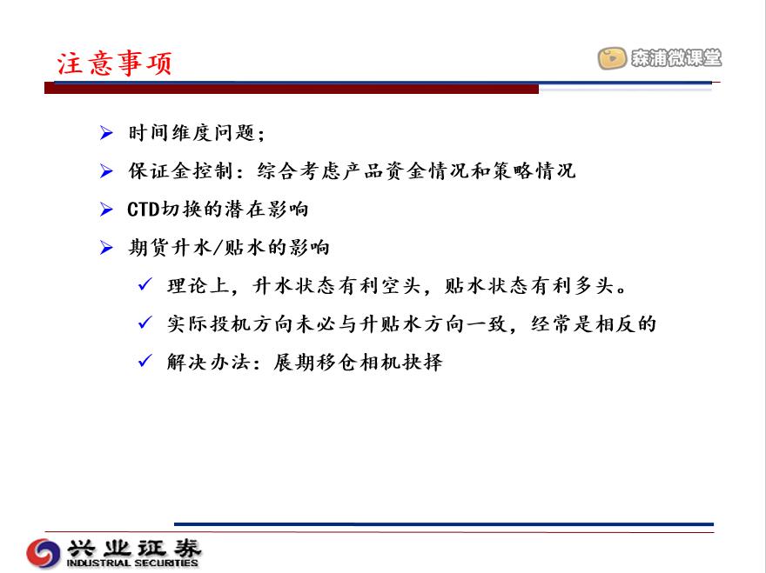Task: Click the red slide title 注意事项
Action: (x=114, y=63)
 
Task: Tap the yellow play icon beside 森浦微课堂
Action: (x=612, y=58)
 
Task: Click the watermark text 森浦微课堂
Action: (x=676, y=58)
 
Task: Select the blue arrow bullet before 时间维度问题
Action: (x=106, y=133)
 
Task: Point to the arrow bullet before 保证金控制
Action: (x=106, y=170)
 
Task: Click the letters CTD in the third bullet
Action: (x=144, y=210)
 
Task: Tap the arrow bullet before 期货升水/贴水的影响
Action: (x=106, y=248)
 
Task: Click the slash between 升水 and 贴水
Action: (x=217, y=248)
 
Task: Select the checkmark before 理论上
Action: (x=145, y=284)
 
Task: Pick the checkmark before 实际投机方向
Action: (x=145, y=323)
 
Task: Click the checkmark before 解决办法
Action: (x=145, y=361)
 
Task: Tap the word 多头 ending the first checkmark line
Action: (x=594, y=285)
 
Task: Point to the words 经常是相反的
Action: (x=593, y=324)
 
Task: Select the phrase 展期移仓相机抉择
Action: (x=358, y=363)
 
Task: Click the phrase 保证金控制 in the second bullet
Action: (x=181, y=170)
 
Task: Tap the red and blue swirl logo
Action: (x=44, y=553)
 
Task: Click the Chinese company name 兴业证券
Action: (x=134, y=548)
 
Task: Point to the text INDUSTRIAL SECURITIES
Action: (x=132, y=563)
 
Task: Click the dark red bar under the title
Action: (x=292, y=89)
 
